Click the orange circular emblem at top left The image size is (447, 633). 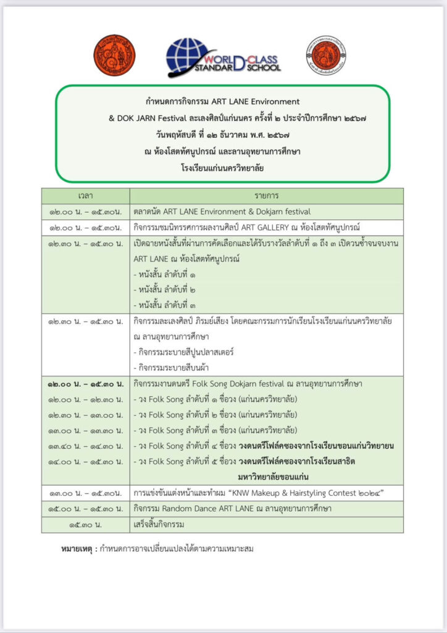point(114,55)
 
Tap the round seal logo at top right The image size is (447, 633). point(325,55)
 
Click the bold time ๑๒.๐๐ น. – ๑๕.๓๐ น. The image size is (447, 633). point(85,384)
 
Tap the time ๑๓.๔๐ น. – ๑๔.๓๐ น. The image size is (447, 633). point(85,446)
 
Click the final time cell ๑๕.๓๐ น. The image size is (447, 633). point(85,524)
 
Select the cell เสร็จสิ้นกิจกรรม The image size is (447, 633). point(161,524)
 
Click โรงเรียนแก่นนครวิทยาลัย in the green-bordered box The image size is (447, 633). point(223,168)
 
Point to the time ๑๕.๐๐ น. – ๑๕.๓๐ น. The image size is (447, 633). point(85,508)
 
